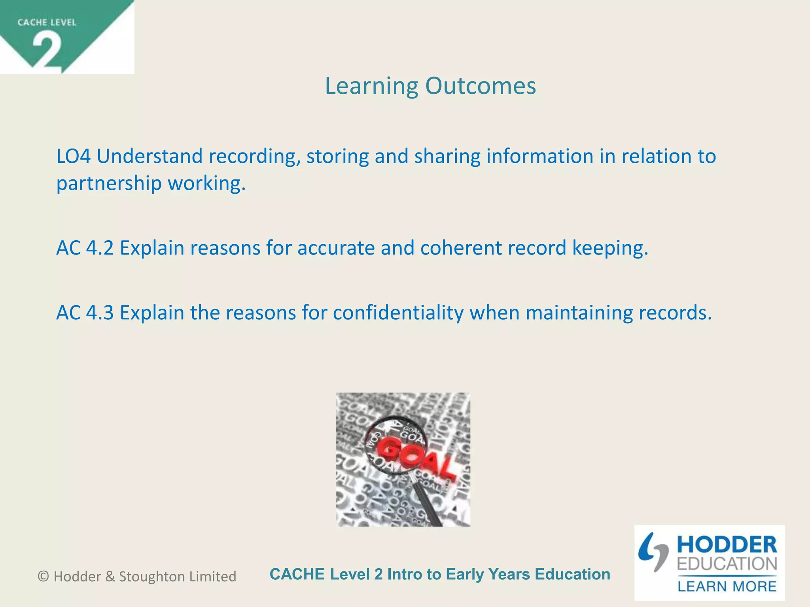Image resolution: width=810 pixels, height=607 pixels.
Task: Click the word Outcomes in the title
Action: [481, 86]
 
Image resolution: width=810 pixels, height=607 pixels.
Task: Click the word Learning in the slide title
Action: [371, 87]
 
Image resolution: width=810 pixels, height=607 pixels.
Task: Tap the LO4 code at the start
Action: [74, 156]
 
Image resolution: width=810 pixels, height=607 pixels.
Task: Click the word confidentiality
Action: [398, 313]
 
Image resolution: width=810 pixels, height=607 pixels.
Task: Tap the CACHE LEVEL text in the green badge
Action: [47, 23]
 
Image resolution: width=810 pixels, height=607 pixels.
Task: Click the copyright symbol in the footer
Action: [44, 577]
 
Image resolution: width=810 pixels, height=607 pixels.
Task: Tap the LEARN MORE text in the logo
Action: [727, 586]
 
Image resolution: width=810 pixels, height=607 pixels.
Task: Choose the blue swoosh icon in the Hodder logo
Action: [653, 551]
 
